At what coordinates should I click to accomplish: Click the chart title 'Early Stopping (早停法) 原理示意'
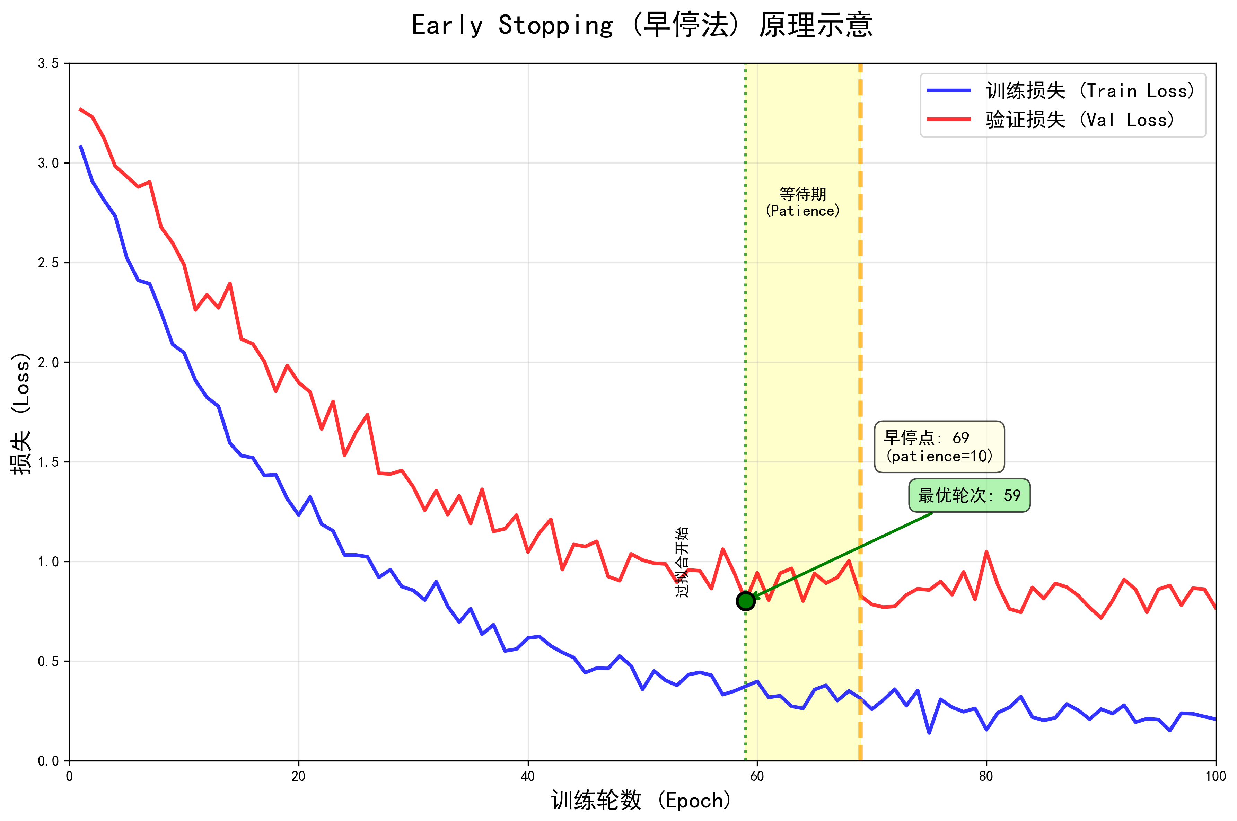coord(642,25)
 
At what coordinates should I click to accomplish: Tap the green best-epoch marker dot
coord(745,601)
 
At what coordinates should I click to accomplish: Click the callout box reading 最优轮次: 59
coord(969,495)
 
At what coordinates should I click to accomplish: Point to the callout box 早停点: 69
coord(939,447)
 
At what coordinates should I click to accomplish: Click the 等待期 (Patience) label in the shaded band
coord(802,202)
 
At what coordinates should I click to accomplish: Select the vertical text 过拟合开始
coord(682,562)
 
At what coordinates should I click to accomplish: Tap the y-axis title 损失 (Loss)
coord(21,414)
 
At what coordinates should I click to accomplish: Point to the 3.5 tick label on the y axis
coord(48,63)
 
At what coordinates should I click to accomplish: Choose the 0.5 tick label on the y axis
coord(48,661)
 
